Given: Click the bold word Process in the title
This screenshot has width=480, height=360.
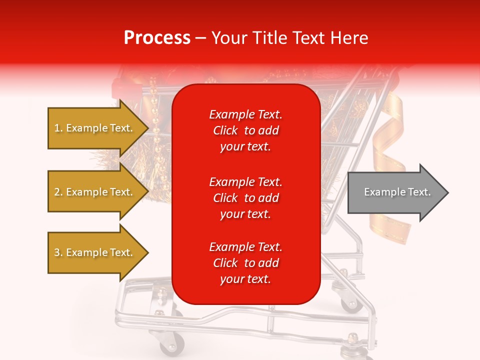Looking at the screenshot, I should (x=157, y=37).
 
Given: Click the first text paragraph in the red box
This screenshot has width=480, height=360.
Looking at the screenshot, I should (x=245, y=130).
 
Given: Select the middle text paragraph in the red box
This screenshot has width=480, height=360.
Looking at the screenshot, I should (x=245, y=198).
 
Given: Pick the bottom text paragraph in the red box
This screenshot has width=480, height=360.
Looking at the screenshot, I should (x=245, y=263).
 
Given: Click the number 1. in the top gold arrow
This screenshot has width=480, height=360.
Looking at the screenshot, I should (x=58, y=128).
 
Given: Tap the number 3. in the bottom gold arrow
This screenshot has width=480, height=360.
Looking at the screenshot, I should (x=58, y=252).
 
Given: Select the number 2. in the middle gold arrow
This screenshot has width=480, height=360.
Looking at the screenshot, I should (x=58, y=192).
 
